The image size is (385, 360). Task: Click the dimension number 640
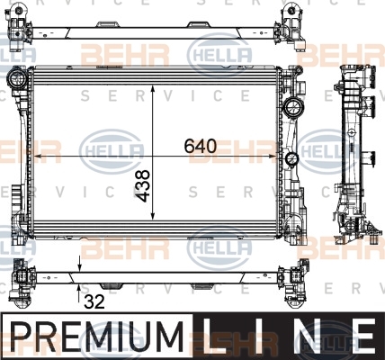coord(200,146)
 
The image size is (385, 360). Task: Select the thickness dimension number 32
coord(94,301)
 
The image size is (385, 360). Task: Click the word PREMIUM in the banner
coord(97,336)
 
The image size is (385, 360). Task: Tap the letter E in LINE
coord(363,336)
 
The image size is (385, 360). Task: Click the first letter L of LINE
coord(214,336)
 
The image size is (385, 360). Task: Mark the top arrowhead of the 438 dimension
coord(153,89)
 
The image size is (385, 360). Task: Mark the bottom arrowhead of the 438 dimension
coord(153,216)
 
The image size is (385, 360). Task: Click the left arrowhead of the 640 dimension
coord(39,156)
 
